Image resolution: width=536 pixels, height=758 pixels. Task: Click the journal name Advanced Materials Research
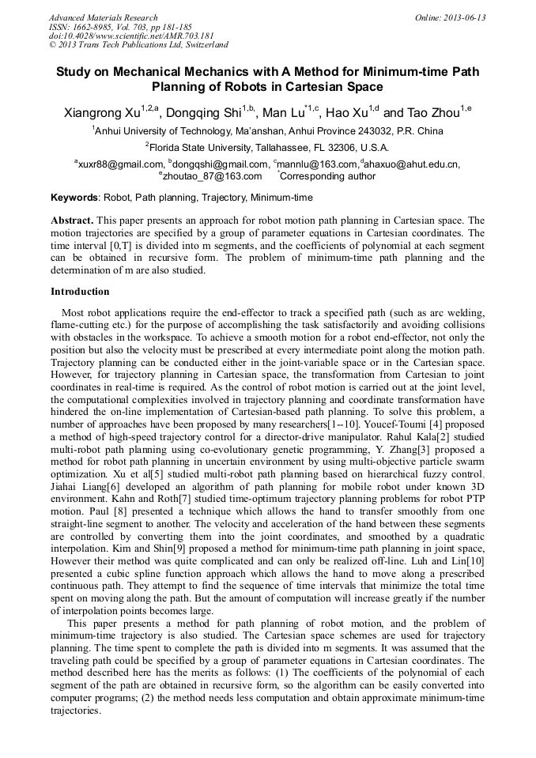tap(103, 17)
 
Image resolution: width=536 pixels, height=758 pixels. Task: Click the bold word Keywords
tap(75, 198)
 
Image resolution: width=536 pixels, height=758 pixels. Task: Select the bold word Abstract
tap(72, 220)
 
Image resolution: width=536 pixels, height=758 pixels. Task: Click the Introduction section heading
tap(80, 292)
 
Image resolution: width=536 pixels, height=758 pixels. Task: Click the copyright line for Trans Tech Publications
tap(138, 46)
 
